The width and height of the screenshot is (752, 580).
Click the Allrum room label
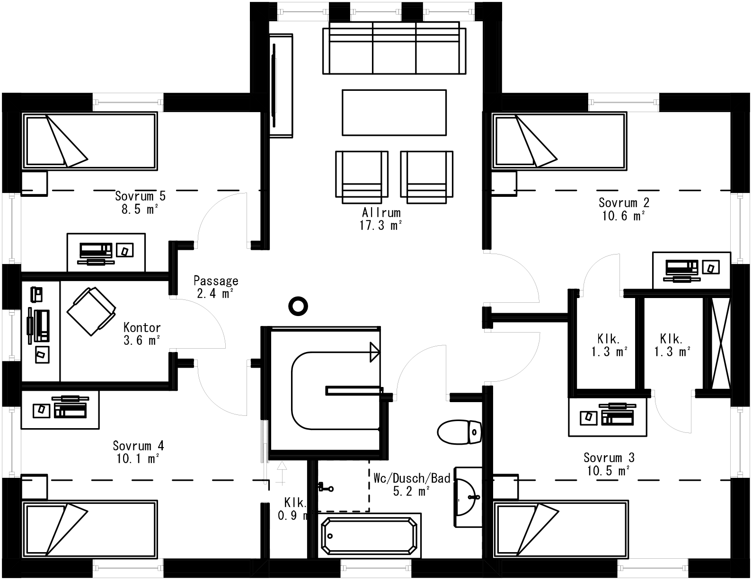[381, 212]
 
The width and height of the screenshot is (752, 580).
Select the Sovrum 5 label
[140, 196]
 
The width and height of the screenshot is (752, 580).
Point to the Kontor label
[142, 327]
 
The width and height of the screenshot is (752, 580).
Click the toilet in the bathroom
[459, 431]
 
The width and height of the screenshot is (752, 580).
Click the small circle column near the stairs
[298, 306]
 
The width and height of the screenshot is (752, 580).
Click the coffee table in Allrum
[394, 113]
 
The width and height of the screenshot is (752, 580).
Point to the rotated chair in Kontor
[91, 311]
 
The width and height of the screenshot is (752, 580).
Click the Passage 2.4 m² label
[216, 287]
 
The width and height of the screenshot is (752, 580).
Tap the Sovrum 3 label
[609, 457]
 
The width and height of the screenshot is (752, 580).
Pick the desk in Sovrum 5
[106, 252]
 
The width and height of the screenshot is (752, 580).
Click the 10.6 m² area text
[624, 216]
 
